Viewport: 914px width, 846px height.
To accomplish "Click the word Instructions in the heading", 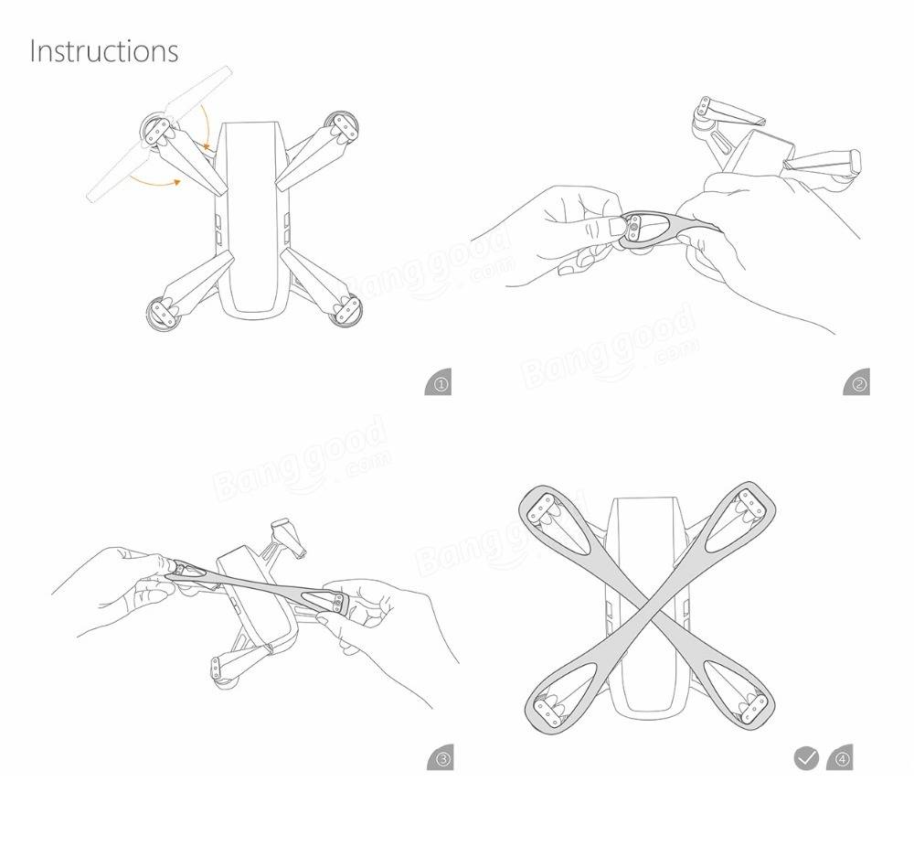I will pos(104,50).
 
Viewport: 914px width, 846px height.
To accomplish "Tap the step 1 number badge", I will pos(439,384).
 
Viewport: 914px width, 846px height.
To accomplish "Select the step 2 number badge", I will pos(857,384).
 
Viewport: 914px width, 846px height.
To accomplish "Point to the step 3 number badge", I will pos(440,758).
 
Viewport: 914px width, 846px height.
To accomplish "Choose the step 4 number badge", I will pos(839,758).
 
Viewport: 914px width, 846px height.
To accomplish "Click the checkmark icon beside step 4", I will pos(805,758).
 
